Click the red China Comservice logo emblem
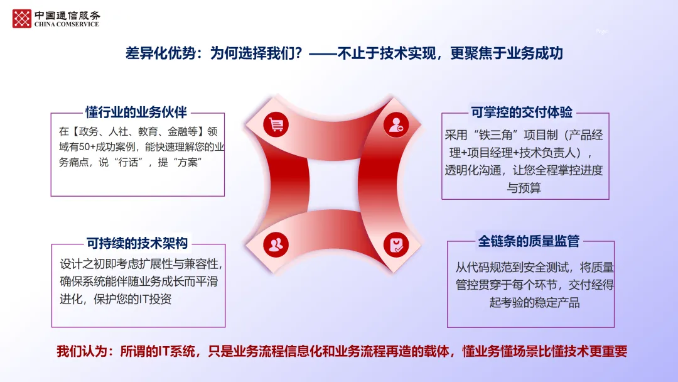[21, 19]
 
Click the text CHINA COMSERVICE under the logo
[67, 25]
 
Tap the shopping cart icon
[276, 124]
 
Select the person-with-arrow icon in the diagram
[396, 124]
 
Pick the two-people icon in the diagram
[276, 244]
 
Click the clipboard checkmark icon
[396, 244]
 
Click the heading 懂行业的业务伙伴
[136, 112]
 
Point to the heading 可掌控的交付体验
[522, 112]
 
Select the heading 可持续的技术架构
[137, 243]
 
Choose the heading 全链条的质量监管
[529, 241]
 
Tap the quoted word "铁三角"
[495, 136]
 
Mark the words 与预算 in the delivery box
[524, 188]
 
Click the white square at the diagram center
[334, 185]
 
